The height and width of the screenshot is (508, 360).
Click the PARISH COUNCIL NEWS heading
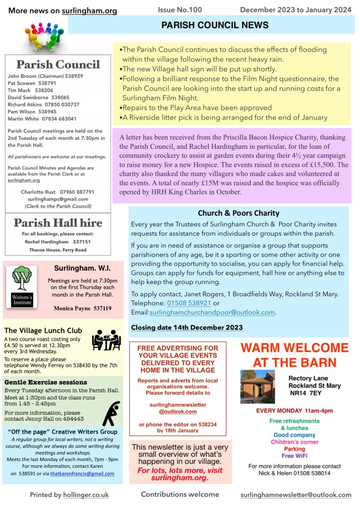[x=215, y=25]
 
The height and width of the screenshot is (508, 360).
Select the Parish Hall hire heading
[x=58, y=223]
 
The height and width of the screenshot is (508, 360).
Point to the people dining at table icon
[x=106, y=340]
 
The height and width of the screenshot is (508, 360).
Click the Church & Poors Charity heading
[x=239, y=213]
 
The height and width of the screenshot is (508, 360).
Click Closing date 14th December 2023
[x=186, y=327]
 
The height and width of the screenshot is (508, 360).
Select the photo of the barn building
[x=257, y=386]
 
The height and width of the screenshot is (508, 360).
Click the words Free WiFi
[x=294, y=455]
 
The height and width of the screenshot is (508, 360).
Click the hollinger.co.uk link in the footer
[x=86, y=495]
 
